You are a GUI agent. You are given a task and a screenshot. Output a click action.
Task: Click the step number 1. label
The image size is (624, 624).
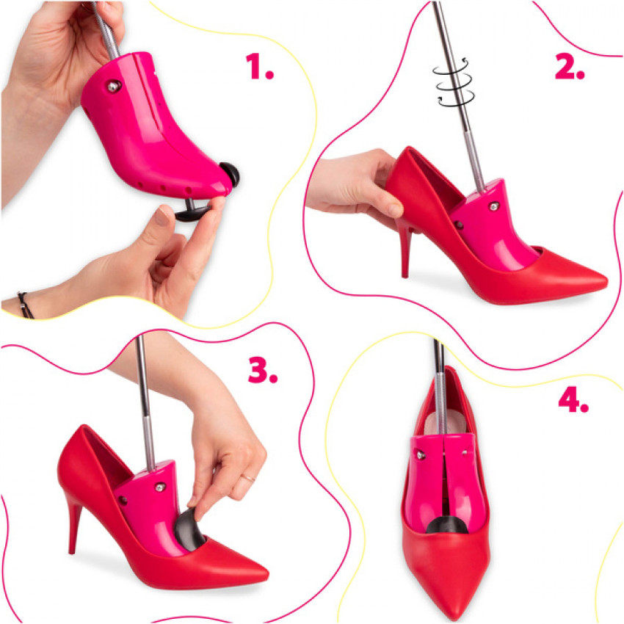point(259,67)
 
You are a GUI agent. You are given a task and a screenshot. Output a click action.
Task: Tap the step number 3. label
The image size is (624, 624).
point(263,370)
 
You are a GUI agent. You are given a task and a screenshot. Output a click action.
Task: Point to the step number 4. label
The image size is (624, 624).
point(573,399)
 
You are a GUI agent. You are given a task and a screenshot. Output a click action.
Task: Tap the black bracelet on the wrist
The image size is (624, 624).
point(26,305)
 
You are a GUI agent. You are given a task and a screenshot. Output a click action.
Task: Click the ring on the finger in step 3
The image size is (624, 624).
point(249,478)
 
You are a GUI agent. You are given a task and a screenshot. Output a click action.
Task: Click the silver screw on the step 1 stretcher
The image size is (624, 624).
point(113,86)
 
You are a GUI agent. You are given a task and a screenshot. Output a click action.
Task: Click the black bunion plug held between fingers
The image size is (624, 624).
point(192,211)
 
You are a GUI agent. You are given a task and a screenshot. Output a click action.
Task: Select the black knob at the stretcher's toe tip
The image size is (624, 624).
point(230,174)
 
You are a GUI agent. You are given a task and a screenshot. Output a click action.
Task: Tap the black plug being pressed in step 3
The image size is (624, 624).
point(189,529)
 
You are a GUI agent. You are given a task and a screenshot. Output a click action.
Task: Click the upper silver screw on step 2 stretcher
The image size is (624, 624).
point(494,206)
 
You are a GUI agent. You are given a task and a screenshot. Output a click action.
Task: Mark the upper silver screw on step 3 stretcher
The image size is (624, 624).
point(160,487)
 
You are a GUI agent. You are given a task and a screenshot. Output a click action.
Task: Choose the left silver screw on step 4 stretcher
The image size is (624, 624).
point(420,454)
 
